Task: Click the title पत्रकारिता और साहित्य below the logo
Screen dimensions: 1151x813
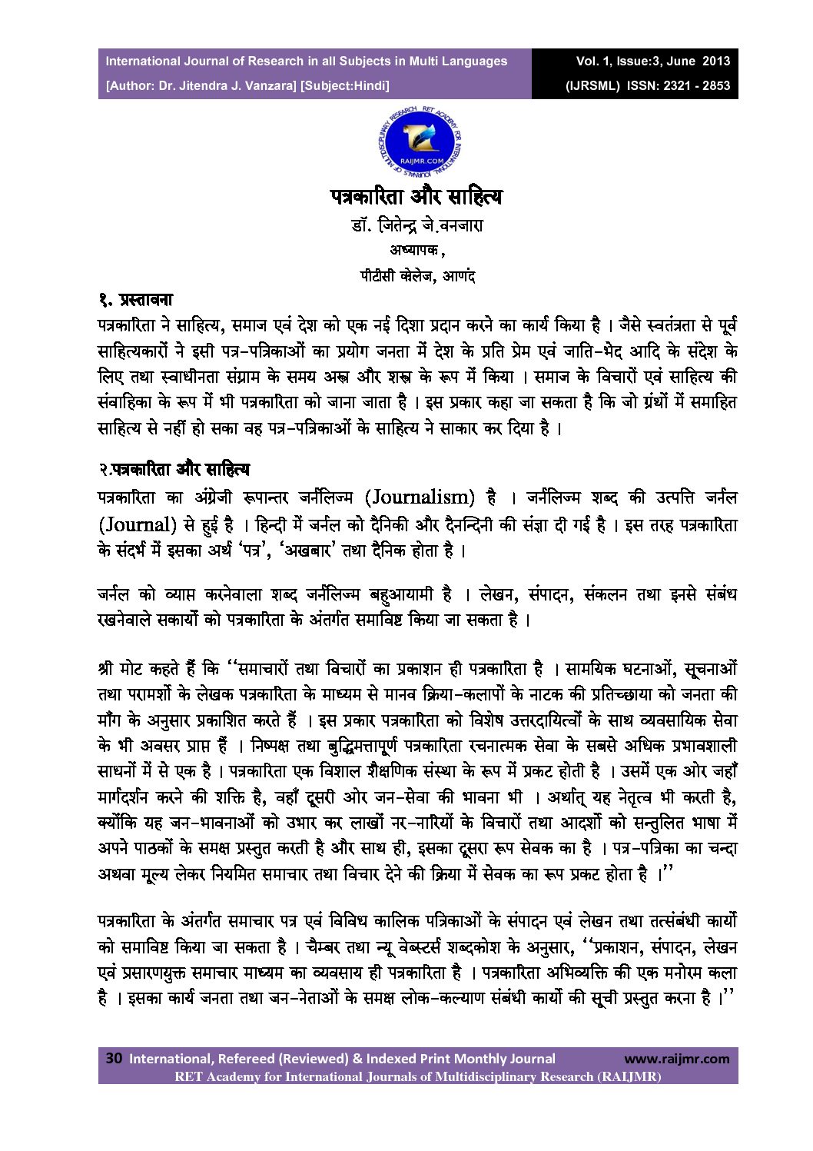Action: coord(416,197)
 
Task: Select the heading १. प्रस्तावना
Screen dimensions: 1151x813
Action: coord(136,300)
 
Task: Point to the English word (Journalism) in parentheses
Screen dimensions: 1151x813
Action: coord(420,497)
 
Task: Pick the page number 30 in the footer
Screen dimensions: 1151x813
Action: coord(114,1058)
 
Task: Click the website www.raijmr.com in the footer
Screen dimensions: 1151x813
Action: coord(676,1059)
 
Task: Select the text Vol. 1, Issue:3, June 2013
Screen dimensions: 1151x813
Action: coord(653,61)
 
